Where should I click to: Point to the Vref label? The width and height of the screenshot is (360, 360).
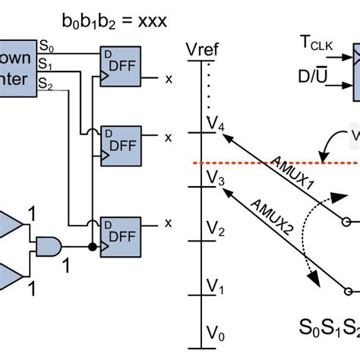pyautogui.click(x=201, y=51)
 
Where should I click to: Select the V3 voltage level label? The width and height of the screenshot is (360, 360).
pyautogui.click(x=216, y=180)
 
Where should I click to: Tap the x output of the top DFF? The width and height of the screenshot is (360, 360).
pyautogui.click(x=169, y=78)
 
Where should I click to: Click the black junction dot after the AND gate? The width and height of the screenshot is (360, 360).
pyautogui.click(x=92, y=247)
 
